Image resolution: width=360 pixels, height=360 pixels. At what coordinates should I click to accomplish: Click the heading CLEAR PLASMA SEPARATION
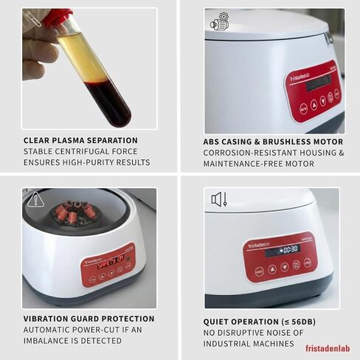point(80,140)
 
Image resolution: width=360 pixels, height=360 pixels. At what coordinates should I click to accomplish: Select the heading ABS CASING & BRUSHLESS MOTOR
point(273,142)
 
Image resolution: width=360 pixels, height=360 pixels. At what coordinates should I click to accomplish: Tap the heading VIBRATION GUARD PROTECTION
point(89,319)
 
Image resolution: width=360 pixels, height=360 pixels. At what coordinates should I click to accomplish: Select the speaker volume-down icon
point(219,199)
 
